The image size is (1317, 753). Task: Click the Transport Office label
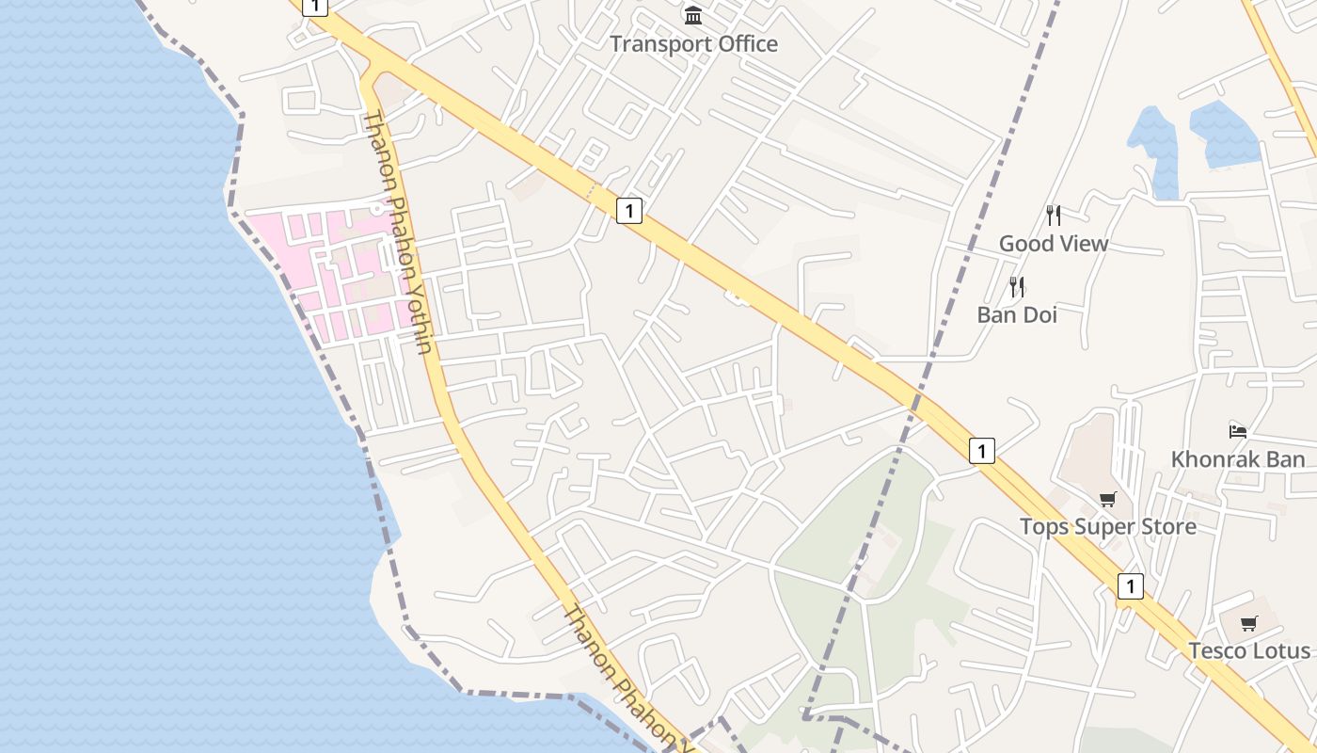(694, 43)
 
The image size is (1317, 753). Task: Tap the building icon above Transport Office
(694, 15)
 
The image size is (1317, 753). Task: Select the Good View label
(1054, 243)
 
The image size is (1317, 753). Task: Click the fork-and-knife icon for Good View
(1054, 216)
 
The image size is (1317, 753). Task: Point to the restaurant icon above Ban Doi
(1017, 286)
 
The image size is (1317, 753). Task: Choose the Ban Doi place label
(1017, 314)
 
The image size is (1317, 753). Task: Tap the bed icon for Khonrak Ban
(1238, 431)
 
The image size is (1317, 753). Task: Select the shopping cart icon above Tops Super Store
(1108, 499)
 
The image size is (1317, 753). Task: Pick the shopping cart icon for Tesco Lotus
(1249, 623)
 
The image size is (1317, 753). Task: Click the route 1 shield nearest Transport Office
(629, 210)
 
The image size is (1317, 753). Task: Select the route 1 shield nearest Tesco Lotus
(1130, 586)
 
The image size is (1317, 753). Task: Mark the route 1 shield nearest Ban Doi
(981, 451)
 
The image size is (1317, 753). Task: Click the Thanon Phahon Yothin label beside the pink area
(398, 232)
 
